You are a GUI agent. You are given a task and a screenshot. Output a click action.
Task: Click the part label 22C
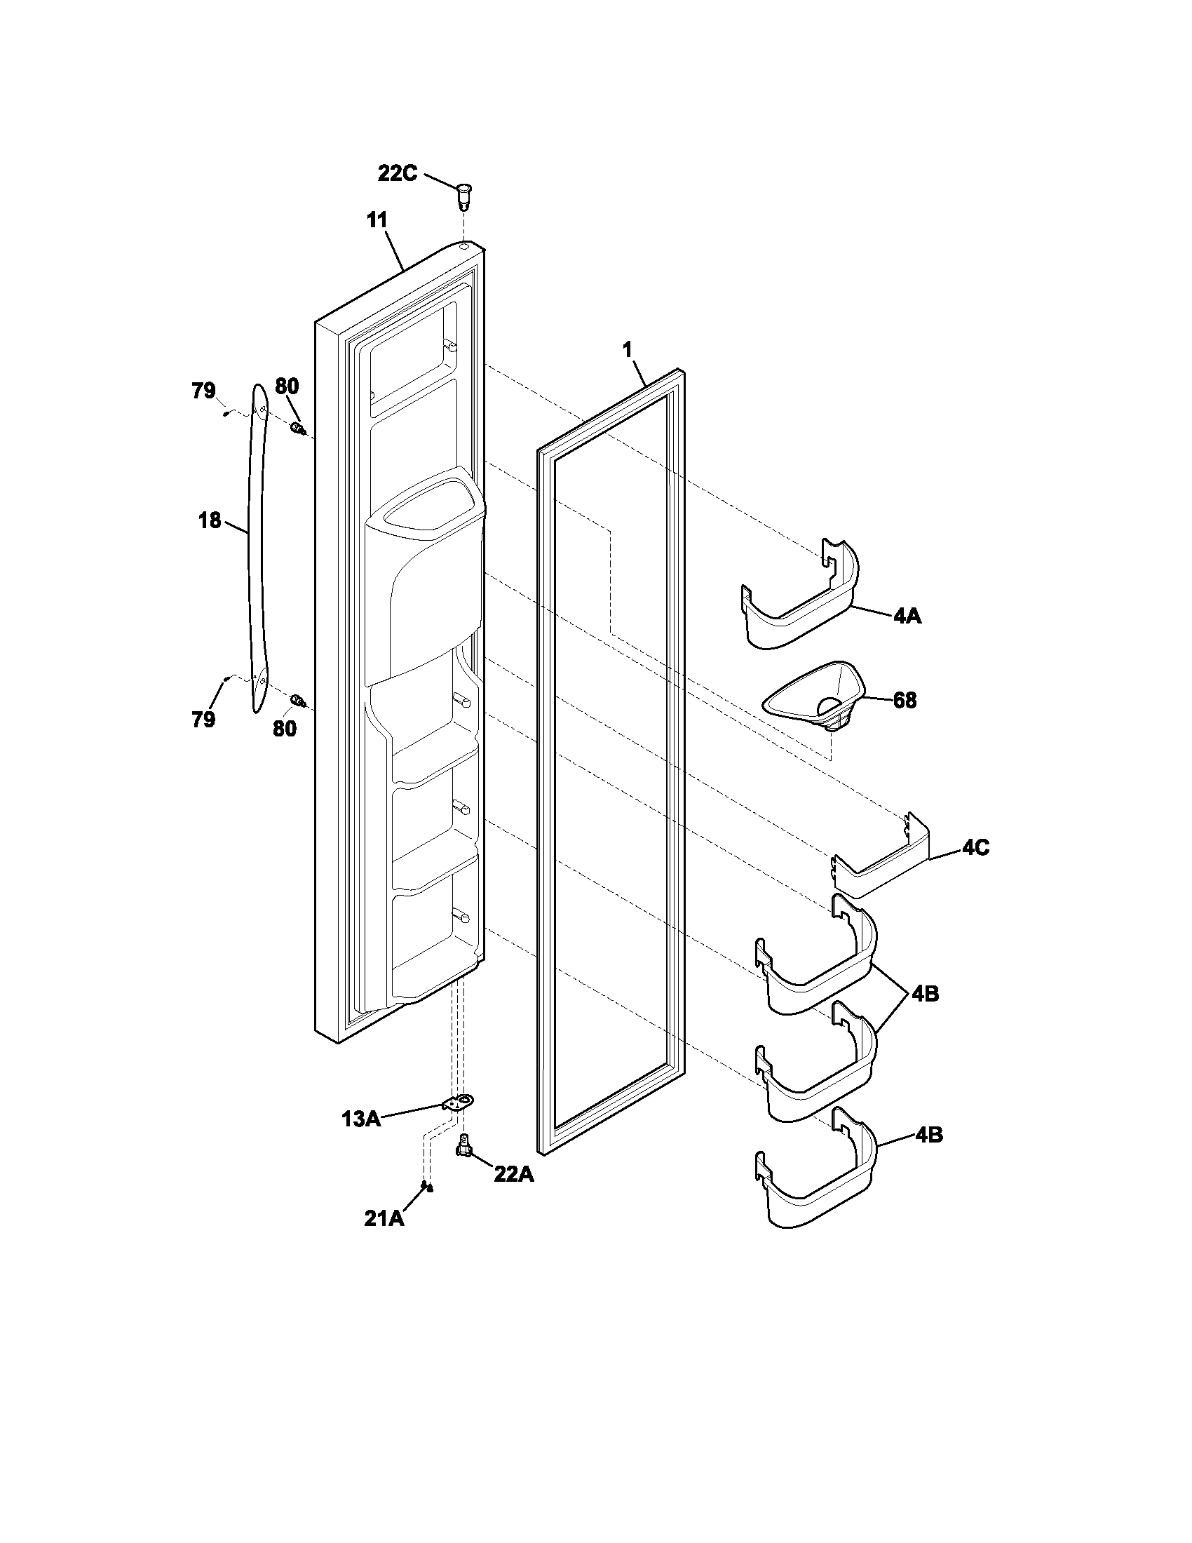point(398,173)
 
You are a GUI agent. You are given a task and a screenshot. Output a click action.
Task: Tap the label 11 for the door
point(377,220)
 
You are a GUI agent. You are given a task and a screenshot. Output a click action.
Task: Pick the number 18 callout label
point(210,521)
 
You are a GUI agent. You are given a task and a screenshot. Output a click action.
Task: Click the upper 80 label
point(287,386)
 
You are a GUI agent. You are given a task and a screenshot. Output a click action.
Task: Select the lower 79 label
point(203,719)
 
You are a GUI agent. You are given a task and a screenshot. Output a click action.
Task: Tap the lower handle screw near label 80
point(299,701)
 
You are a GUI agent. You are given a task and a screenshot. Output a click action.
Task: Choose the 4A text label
point(907,616)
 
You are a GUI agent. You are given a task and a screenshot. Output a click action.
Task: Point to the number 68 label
point(905,701)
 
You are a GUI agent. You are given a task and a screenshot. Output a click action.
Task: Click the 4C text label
point(975,848)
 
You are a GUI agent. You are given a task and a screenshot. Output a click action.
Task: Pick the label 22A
point(513,1174)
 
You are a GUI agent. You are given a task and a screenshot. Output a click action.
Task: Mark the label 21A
point(384,1219)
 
